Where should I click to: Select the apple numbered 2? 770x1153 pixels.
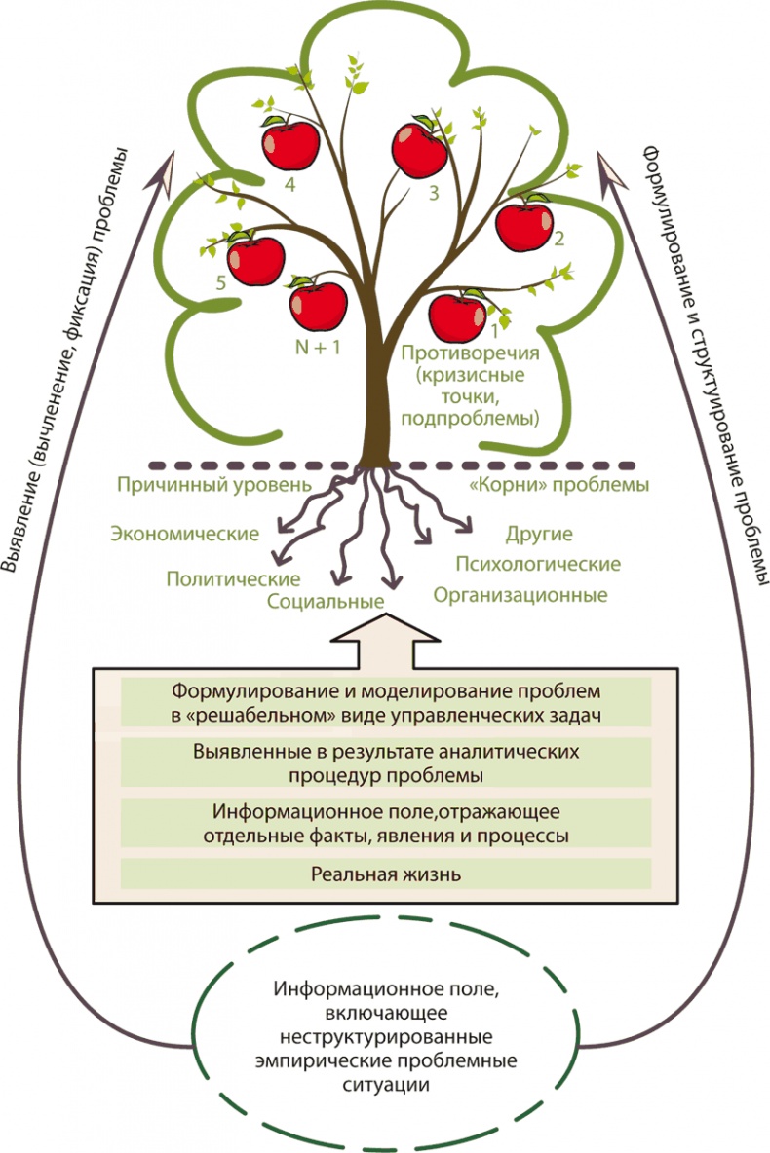(524, 225)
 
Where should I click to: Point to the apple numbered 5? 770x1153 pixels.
(255, 259)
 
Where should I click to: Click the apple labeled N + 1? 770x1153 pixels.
(319, 306)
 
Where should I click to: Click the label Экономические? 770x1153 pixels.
(184, 534)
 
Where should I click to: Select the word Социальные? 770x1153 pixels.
(325, 600)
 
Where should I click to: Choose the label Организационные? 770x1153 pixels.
(520, 594)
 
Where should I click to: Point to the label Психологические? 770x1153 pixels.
(538, 564)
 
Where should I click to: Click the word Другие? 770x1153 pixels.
(539, 534)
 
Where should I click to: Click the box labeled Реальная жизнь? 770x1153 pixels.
(386, 874)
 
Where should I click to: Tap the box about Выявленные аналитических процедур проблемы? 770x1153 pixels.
(386, 763)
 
